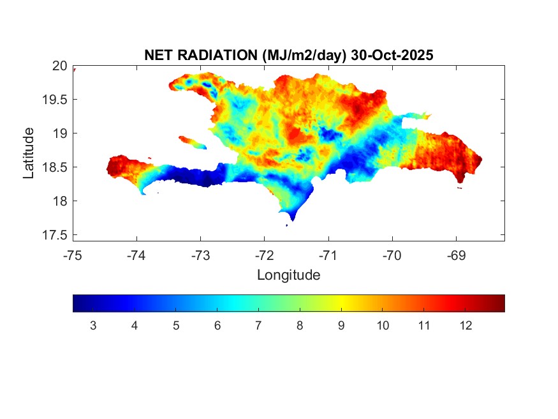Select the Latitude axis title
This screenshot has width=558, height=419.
click(x=29, y=153)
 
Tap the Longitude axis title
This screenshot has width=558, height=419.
click(x=288, y=275)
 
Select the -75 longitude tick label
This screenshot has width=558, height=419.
click(x=73, y=255)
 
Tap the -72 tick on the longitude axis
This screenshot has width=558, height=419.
click(x=264, y=255)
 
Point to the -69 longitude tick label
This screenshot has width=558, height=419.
click(x=455, y=255)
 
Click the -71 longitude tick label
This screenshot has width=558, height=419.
click(x=328, y=255)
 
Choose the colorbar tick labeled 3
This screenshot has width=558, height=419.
click(x=93, y=326)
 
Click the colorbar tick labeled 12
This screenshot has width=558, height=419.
click(x=466, y=326)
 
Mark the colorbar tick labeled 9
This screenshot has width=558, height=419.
click(x=341, y=326)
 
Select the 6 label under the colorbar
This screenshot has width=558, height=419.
click(x=217, y=326)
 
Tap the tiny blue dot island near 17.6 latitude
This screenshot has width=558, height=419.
click(x=286, y=225)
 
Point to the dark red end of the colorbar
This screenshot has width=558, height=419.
click(x=499, y=303)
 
